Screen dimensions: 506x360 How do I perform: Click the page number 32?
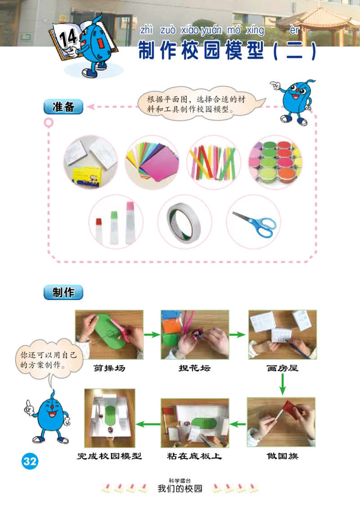[x=30, y=461]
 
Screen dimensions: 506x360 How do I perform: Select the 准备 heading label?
[x=63, y=107]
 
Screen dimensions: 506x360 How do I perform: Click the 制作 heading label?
[x=63, y=292]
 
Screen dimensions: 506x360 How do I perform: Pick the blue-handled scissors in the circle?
[x=253, y=222]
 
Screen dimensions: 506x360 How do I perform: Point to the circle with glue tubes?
[x=115, y=222]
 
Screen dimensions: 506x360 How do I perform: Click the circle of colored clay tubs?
[x=275, y=161]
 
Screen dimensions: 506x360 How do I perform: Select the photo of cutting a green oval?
[x=109, y=333]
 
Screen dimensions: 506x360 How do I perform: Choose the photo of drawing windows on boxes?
[x=282, y=333]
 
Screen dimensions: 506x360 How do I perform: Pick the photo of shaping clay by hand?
[x=195, y=333]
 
